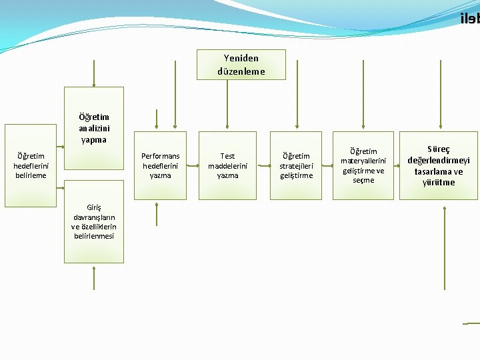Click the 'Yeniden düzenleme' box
[241, 65]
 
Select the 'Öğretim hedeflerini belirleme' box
[30, 165]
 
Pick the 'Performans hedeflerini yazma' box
[161, 165]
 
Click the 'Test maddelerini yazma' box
[228, 165]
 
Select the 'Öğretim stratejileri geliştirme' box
[296, 165]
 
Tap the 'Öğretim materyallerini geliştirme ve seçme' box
[363, 165]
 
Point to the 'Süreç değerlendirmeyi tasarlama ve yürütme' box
[439, 165]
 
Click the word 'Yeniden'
[241, 58]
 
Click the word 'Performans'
[161, 156]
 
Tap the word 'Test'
[228, 156]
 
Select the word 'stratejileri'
[296, 165]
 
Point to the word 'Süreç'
[439, 149]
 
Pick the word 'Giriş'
[94, 207]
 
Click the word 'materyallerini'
[363, 161]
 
